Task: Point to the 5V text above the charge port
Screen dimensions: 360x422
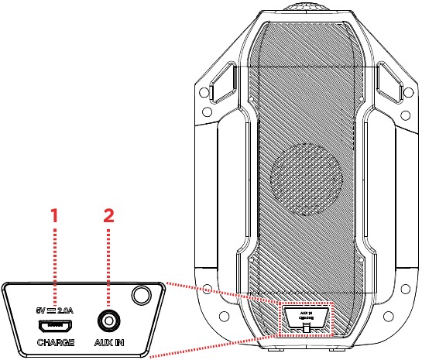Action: point(41,310)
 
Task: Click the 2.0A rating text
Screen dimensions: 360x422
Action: point(66,310)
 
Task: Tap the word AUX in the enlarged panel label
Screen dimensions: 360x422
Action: point(101,341)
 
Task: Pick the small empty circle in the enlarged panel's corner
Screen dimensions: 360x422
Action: point(141,296)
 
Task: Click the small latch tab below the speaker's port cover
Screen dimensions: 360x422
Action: point(306,329)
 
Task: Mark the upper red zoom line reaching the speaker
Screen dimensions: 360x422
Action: point(225,292)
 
